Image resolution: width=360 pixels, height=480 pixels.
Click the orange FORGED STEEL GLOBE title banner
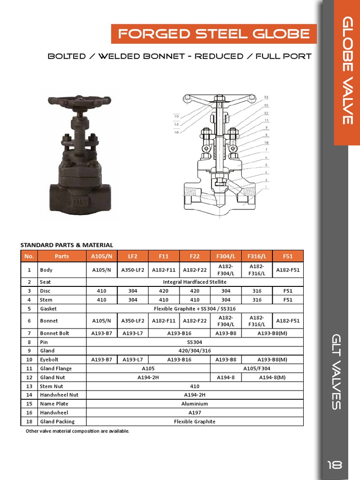214,34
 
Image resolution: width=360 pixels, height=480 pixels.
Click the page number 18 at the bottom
335,465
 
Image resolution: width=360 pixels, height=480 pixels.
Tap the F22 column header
195,256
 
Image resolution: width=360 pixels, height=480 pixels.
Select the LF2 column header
133,256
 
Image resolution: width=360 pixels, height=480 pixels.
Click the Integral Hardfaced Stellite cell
195,282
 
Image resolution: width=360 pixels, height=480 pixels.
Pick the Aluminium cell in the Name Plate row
195,404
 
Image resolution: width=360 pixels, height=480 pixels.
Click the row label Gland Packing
57,421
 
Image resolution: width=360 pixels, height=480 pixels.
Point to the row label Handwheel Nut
59,395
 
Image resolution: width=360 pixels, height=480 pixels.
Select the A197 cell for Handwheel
195,412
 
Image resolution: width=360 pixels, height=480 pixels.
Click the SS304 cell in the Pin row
195,342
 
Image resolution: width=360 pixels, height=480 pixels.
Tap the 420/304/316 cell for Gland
195,351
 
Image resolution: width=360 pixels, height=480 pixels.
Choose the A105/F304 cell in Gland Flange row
257,368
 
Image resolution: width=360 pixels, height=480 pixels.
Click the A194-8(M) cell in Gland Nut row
272,377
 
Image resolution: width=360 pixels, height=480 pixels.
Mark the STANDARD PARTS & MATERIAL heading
67,245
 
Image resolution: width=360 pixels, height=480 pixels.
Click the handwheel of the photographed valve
79,100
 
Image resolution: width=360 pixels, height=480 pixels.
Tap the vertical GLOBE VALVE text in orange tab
347,70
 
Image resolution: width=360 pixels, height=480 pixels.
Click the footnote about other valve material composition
77,431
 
